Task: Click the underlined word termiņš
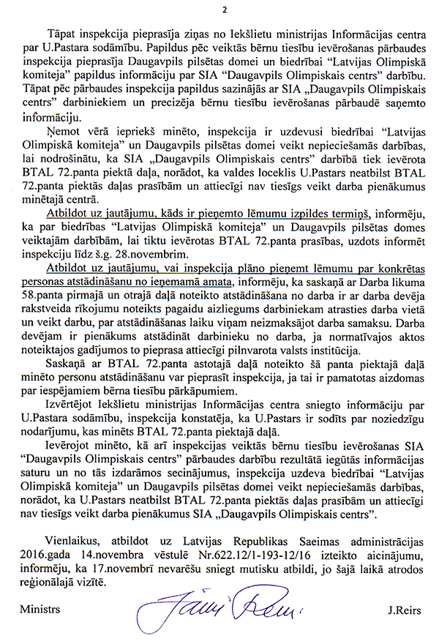[x=348, y=213]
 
